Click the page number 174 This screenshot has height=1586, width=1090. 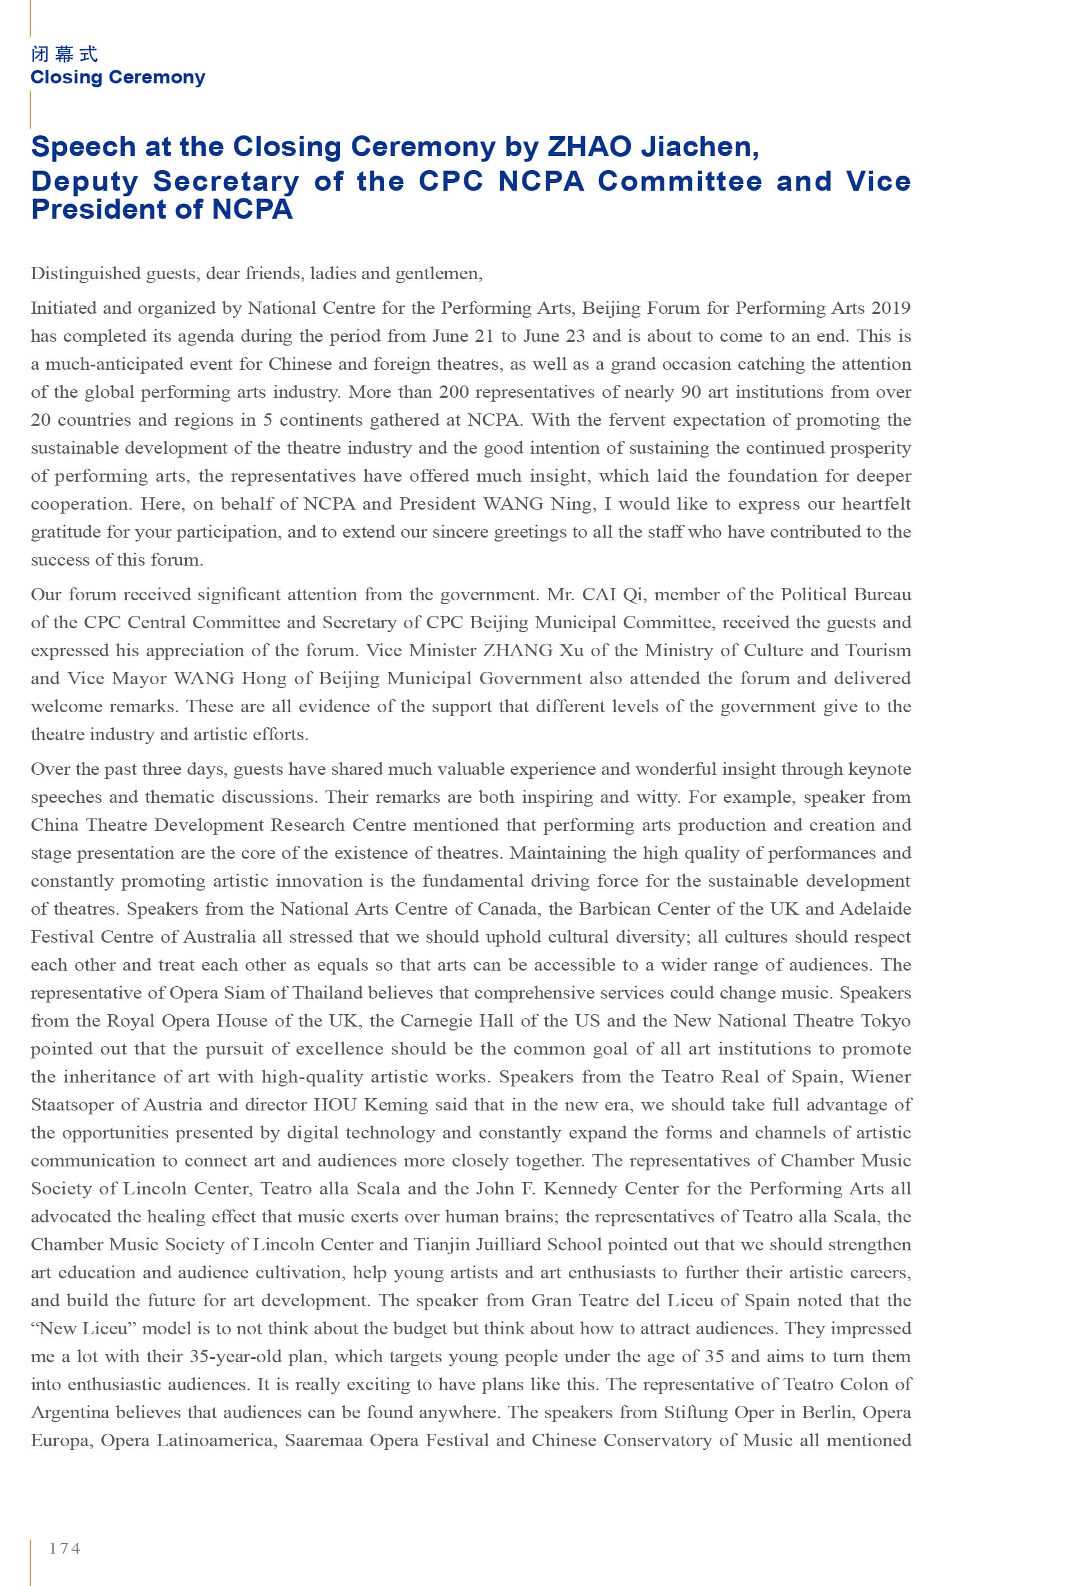click(x=64, y=1549)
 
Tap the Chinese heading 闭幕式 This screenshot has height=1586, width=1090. click(x=65, y=54)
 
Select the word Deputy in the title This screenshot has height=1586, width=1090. click(x=84, y=182)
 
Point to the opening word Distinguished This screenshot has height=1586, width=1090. click(x=86, y=274)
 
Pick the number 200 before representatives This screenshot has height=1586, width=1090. click(x=454, y=392)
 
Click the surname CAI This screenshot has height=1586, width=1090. click(x=599, y=594)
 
